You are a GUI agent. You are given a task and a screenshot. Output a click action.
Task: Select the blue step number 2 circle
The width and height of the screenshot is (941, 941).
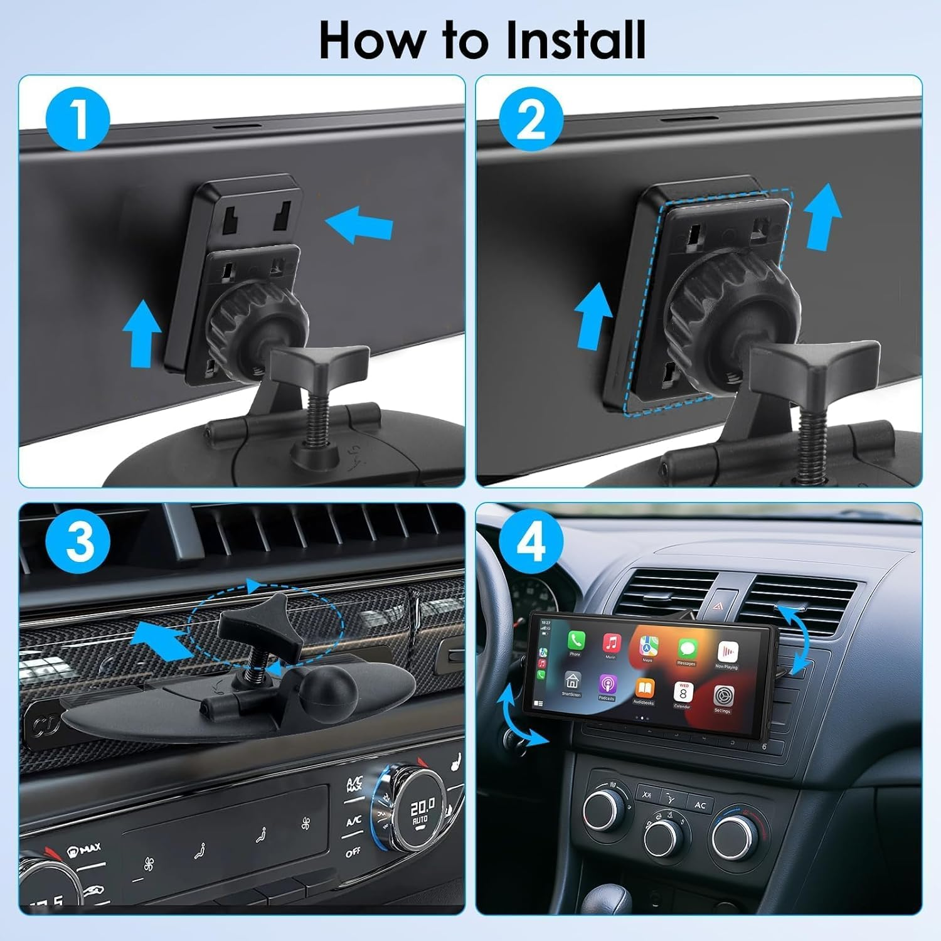[531, 119]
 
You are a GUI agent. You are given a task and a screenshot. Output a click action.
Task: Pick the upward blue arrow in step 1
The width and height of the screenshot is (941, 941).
[142, 332]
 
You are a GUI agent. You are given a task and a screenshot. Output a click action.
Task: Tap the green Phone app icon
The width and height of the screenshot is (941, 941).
[576, 641]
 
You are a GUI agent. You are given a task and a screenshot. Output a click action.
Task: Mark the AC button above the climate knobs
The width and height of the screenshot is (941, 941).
[699, 805]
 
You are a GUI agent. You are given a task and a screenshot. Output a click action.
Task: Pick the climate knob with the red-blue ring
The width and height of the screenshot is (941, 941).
[741, 837]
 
